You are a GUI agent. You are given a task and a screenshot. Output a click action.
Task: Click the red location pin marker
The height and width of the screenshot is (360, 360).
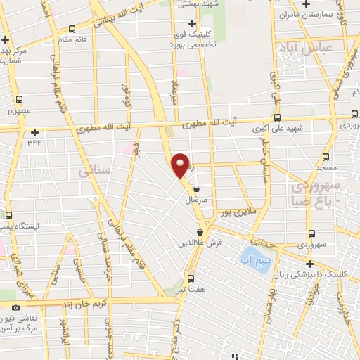pyautogui.click(x=181, y=165)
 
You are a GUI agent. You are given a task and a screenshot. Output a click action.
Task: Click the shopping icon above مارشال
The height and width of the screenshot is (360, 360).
pyautogui.click(x=196, y=188)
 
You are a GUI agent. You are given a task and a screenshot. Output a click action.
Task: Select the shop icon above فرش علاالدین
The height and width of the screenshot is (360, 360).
pyautogui.click(x=202, y=231)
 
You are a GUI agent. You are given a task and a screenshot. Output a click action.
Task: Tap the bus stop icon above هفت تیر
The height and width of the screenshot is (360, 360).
pyautogui.click(x=190, y=277)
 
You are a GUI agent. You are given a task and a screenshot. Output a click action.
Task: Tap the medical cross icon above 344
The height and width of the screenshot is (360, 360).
pyautogui.click(x=34, y=131)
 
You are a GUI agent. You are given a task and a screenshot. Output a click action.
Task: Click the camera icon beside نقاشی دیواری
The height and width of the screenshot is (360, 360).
pyautogui.click(x=15, y=307)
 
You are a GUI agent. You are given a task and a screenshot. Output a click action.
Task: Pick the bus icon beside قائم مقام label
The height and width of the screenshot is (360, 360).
pyautogui.click(x=72, y=29)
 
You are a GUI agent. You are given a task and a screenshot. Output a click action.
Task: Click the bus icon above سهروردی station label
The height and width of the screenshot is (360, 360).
pyautogui.click(x=311, y=233)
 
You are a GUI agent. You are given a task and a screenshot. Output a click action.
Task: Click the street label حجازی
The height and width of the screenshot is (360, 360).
pyautogui.click(x=257, y=239)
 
